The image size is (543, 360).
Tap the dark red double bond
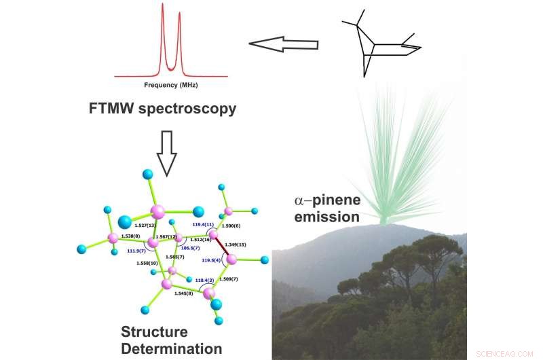click(221, 246)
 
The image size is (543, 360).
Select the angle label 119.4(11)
click(204, 223)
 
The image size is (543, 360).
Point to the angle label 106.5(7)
click(191, 248)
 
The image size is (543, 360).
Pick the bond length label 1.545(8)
click(184, 293)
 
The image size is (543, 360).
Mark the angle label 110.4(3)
click(205, 280)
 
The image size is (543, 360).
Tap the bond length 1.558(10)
click(147, 263)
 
